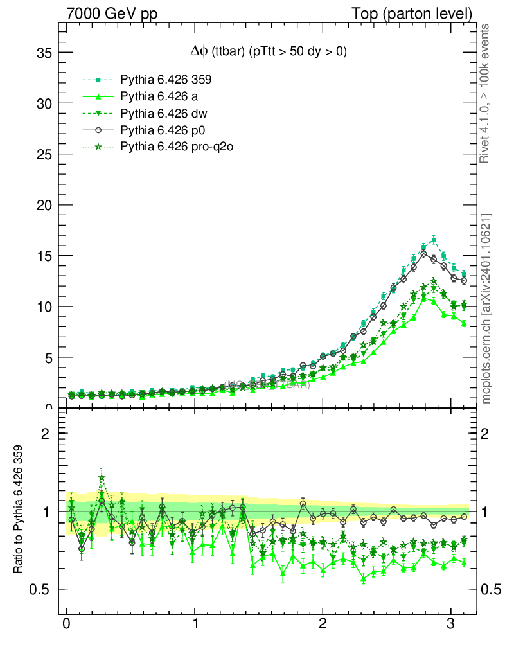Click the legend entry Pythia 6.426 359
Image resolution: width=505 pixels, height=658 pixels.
click(166, 80)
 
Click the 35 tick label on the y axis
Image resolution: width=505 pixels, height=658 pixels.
click(44, 53)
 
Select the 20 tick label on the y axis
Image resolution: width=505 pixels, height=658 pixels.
click(44, 205)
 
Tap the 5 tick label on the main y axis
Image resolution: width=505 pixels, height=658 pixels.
click(48, 357)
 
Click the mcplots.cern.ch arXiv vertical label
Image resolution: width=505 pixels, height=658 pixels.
click(486, 308)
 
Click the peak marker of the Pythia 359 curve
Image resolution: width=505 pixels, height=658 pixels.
click(434, 240)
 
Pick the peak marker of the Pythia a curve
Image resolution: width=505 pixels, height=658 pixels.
click(423, 298)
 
